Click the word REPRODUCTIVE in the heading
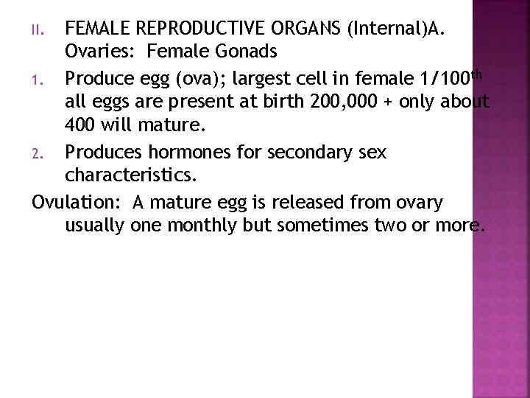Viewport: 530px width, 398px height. (x=184, y=30)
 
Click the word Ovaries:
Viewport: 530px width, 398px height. (x=101, y=52)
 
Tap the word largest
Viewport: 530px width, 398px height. (x=266, y=76)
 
